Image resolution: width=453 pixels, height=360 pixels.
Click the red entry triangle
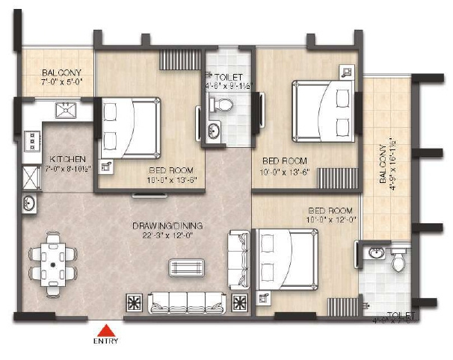tap(108, 329)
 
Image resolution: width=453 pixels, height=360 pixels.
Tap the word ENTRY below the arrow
tap(105, 342)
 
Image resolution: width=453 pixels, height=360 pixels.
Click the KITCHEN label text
tap(67, 160)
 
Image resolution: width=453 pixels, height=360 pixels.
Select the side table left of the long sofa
tap(135, 302)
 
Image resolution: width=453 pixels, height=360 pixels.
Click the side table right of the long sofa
tap(240, 302)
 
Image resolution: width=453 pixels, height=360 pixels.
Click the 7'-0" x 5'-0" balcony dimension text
tap(56, 84)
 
